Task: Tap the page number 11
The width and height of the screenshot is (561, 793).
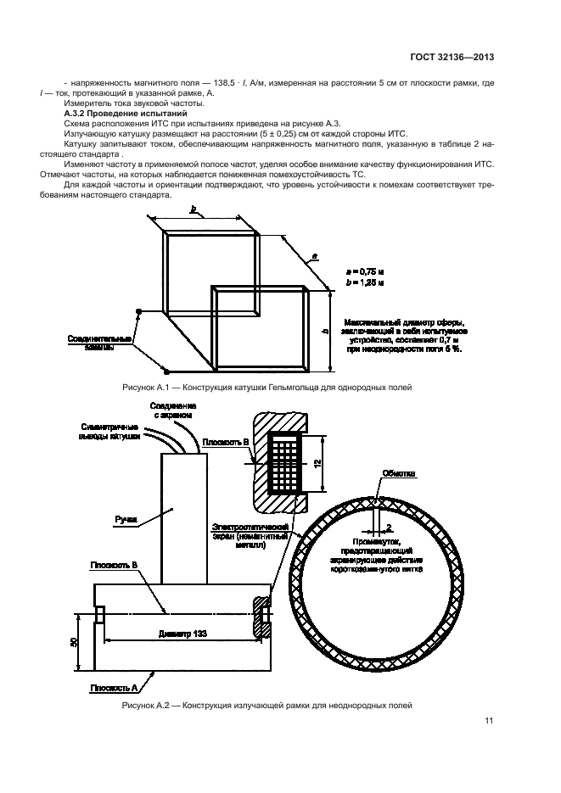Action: (489, 721)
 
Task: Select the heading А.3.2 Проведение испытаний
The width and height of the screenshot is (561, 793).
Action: (127, 113)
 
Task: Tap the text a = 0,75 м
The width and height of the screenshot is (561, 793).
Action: (365, 268)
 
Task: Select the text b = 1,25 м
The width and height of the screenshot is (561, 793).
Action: (365, 281)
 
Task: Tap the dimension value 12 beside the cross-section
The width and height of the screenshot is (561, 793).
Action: (314, 463)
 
